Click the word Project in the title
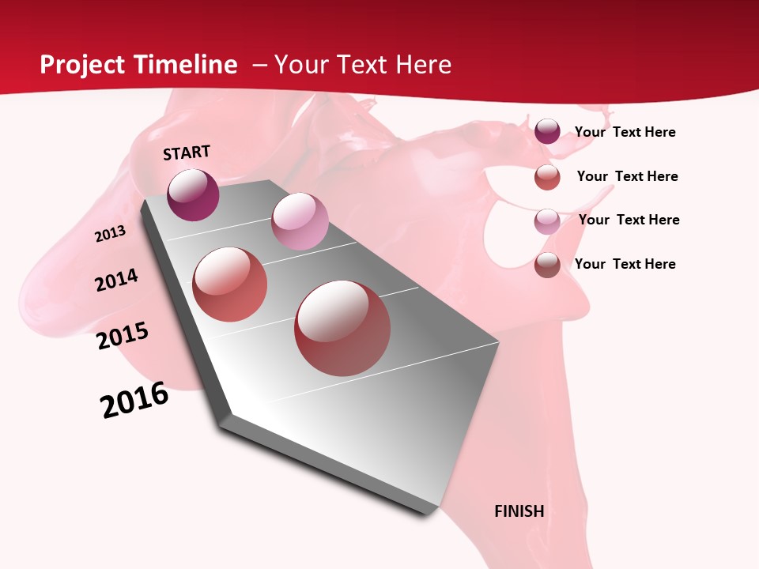coord(82,65)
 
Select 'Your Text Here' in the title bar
coord(363,65)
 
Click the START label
coord(187,153)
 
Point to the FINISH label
coord(519,511)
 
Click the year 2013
coord(111,234)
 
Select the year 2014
coord(117,280)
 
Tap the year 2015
coord(123,336)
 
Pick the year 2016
coord(134,400)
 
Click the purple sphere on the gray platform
coord(193,194)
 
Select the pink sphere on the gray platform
coord(300,221)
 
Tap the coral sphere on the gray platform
coord(230,284)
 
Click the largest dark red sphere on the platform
coord(342,328)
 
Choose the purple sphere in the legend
coord(547,132)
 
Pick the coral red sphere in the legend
coord(547,177)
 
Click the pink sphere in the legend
coord(547,221)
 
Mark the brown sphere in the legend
coord(547,265)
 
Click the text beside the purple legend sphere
coord(625,132)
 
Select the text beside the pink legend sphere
coord(629,220)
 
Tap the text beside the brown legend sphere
coord(625,264)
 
